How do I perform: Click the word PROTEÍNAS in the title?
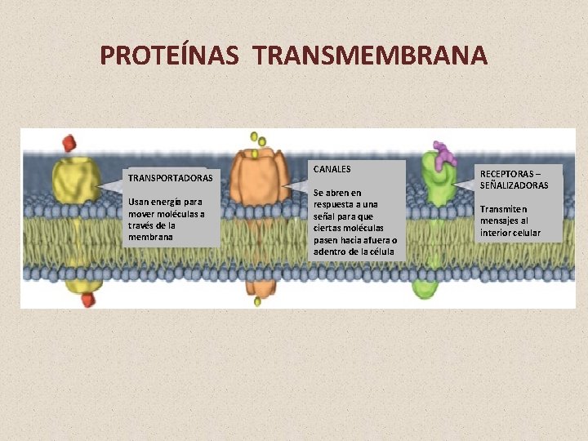click(169, 56)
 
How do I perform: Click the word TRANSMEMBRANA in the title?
click(370, 56)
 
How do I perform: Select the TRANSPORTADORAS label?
click(170, 177)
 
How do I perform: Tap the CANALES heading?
click(332, 169)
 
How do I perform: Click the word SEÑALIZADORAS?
click(514, 185)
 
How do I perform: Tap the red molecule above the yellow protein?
click(69, 142)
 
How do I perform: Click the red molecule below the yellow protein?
click(87, 300)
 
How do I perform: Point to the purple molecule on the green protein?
click(444, 154)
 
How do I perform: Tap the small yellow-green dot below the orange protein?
click(257, 301)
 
